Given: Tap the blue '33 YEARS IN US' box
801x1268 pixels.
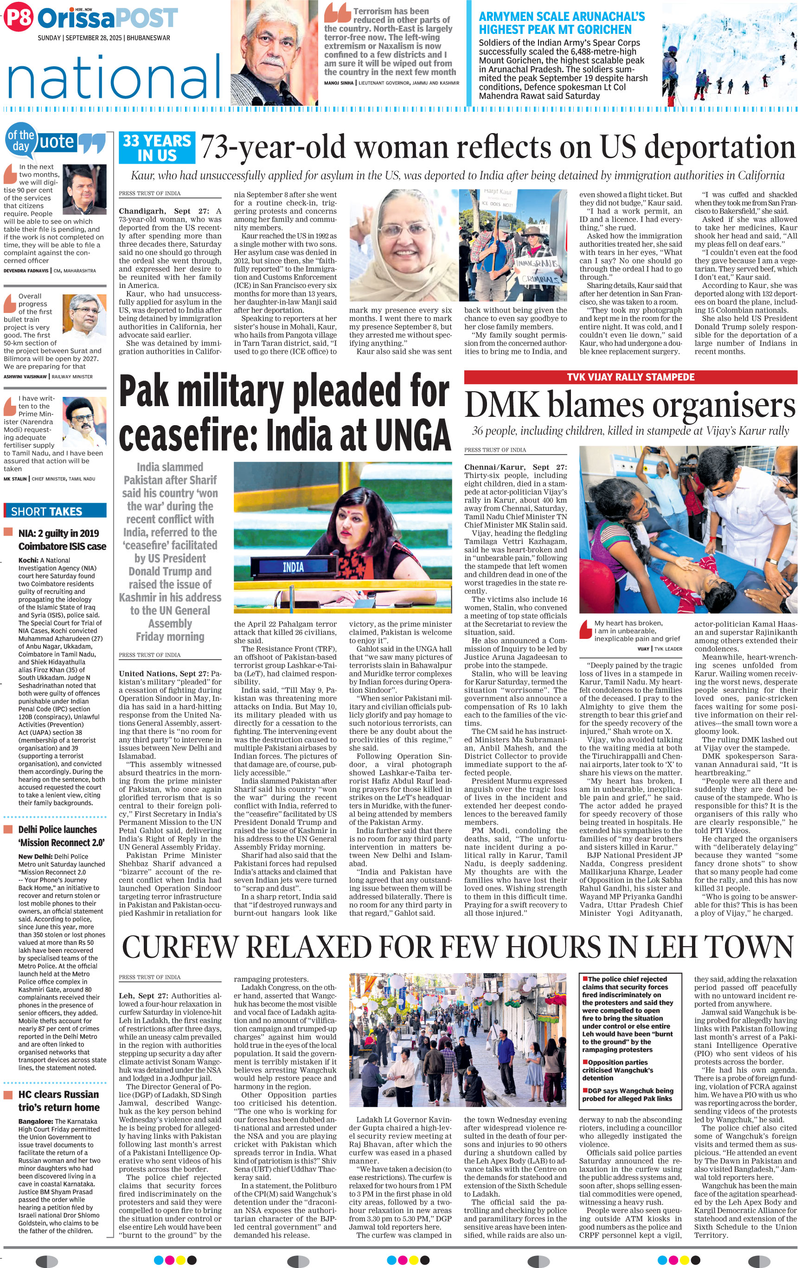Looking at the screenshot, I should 157,148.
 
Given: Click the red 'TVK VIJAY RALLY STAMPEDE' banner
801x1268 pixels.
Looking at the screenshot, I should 630,377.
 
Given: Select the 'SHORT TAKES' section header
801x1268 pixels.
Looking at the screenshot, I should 55,511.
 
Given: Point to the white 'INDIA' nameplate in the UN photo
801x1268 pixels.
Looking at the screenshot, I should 293,567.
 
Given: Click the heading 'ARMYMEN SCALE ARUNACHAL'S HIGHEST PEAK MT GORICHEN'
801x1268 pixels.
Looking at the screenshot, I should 561,23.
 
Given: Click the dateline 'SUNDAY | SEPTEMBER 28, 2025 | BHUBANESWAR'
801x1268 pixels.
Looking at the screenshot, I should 104,38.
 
